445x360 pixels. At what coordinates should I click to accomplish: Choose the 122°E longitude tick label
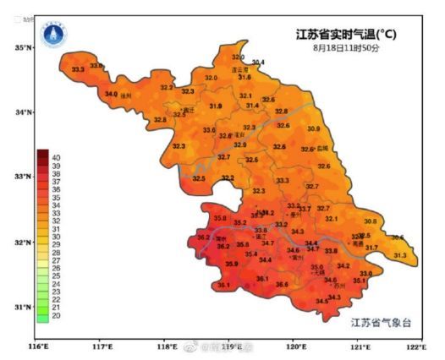click(x=415, y=347)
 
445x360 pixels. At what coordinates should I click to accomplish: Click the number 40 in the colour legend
click(x=56, y=157)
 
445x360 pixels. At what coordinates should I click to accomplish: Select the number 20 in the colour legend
click(x=56, y=316)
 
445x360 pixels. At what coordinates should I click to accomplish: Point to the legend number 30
click(x=56, y=237)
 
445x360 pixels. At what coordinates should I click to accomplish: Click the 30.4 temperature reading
click(x=257, y=63)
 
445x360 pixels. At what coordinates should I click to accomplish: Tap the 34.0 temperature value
click(x=111, y=94)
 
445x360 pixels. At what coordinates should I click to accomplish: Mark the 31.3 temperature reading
click(x=400, y=255)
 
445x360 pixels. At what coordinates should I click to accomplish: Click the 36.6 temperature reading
click(x=282, y=285)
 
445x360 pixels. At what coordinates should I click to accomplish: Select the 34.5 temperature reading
click(x=322, y=301)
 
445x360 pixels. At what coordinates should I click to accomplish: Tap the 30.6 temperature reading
click(x=397, y=237)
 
